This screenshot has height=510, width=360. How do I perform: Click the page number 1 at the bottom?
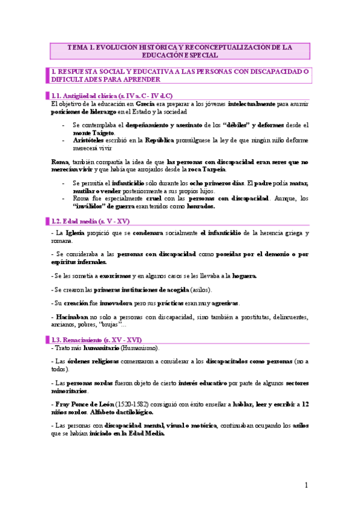pos(306,485)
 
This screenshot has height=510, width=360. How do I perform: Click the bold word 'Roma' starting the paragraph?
pos(60,162)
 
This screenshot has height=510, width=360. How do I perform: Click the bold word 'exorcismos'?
pos(117,276)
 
